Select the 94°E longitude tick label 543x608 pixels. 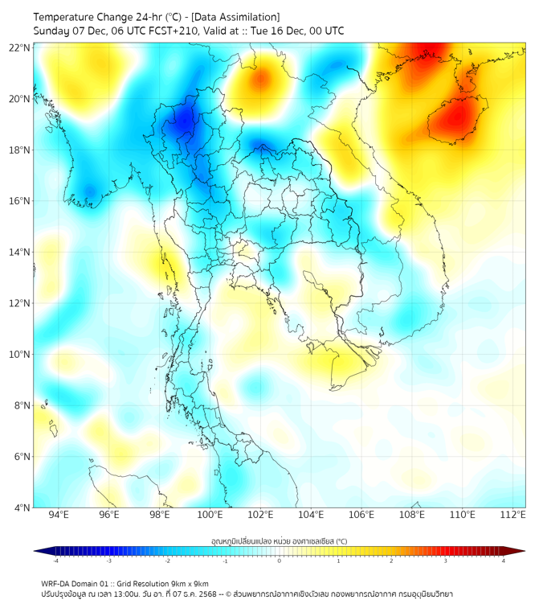[x=59, y=515]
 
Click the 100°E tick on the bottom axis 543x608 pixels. [x=210, y=515]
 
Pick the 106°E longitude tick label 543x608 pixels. [x=361, y=515]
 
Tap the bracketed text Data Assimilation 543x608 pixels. [x=239, y=17]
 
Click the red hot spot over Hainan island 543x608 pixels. [x=456, y=119]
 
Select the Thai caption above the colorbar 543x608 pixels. [x=279, y=541]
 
